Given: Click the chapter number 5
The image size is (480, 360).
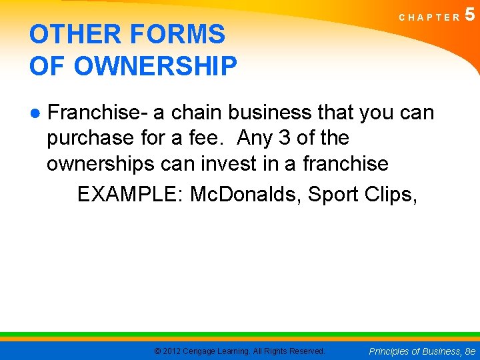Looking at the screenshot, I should click(x=471, y=14).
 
